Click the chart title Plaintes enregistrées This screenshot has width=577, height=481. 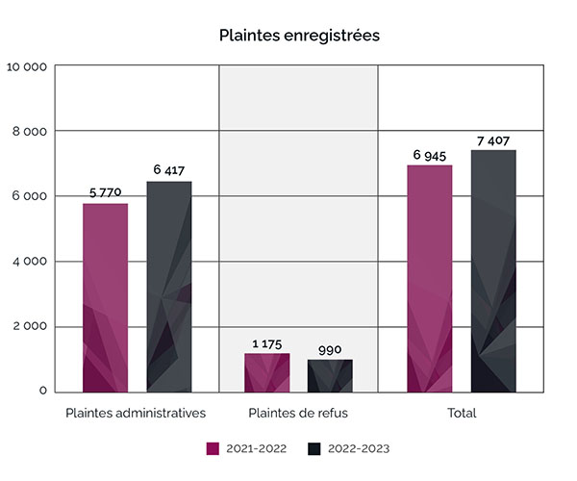[x=299, y=36]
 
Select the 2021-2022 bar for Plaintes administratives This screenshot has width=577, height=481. [x=105, y=297]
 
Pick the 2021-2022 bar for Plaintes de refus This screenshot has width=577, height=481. [x=266, y=372]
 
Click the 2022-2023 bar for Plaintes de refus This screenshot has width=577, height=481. [x=330, y=375]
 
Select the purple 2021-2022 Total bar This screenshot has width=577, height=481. [x=429, y=278]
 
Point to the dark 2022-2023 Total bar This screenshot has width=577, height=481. [x=493, y=270]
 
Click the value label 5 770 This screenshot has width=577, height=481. [x=105, y=192]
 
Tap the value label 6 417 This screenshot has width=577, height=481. [x=169, y=170]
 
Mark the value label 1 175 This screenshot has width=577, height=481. [x=266, y=343]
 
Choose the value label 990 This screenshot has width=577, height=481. [x=330, y=349]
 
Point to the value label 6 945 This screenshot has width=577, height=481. [x=429, y=155]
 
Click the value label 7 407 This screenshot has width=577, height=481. [x=493, y=140]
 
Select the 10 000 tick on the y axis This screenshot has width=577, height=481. [x=27, y=67]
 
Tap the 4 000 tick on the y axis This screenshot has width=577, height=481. [x=30, y=262]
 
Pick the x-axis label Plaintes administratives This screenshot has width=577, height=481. [x=136, y=414]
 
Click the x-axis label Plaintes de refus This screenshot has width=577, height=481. [x=298, y=414]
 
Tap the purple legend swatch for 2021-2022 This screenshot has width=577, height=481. [x=213, y=448]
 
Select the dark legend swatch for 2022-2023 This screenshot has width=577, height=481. [x=314, y=448]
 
